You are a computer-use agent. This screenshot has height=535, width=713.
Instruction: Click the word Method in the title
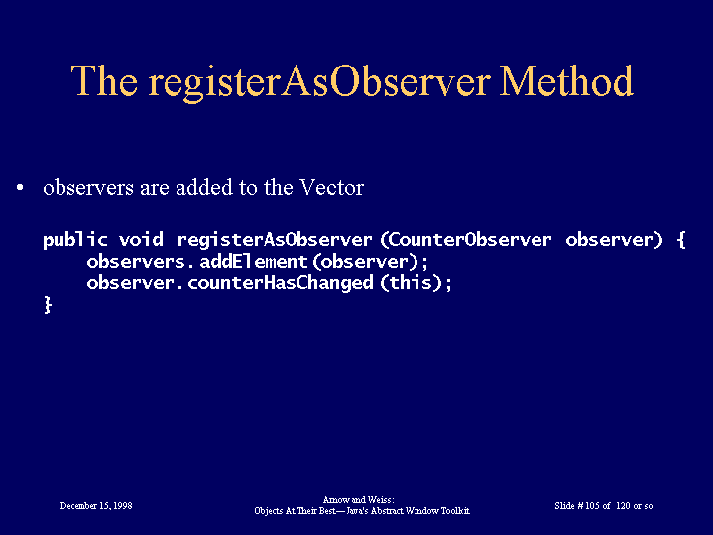pyautogui.click(x=566, y=80)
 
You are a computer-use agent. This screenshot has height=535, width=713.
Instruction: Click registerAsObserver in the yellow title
pyautogui.click(x=319, y=83)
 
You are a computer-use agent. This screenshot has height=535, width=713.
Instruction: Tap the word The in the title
pyautogui.click(x=104, y=80)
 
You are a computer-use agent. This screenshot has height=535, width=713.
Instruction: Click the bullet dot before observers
pyautogui.click(x=20, y=188)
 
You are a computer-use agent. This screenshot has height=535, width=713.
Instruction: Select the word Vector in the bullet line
pyautogui.click(x=331, y=187)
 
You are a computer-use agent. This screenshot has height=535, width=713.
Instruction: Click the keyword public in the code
pyautogui.click(x=75, y=240)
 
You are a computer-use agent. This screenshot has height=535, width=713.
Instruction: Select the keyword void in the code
pyautogui.click(x=141, y=239)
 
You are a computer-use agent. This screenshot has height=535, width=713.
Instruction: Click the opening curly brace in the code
pyautogui.click(x=681, y=240)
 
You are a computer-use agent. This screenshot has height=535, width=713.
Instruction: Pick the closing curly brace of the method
pyautogui.click(x=48, y=305)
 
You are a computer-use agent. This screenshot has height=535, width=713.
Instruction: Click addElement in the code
pyautogui.click(x=254, y=261)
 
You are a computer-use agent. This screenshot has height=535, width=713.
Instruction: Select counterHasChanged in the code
pyautogui.click(x=280, y=283)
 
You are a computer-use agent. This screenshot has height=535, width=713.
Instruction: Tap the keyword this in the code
pyautogui.click(x=411, y=282)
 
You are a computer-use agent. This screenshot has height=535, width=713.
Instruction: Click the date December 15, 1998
pyautogui.click(x=96, y=506)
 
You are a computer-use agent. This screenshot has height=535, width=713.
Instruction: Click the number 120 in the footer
pyautogui.click(x=623, y=506)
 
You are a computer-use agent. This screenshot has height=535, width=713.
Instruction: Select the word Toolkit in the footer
pyautogui.click(x=455, y=511)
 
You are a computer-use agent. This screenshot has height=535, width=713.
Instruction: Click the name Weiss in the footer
pyautogui.click(x=380, y=500)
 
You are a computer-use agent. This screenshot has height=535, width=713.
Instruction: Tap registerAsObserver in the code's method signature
pyautogui.click(x=275, y=240)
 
